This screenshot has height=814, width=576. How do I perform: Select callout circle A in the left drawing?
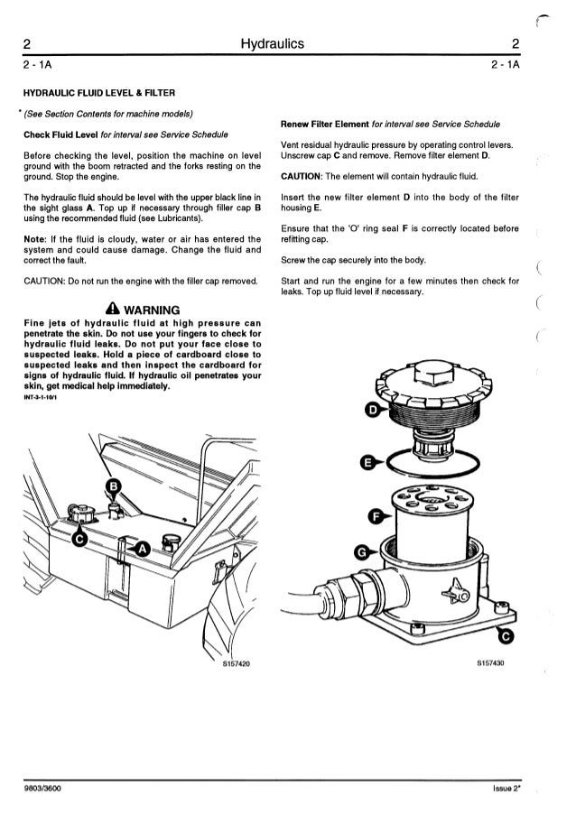point(142,549)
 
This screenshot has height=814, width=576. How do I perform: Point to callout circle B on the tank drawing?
point(114,488)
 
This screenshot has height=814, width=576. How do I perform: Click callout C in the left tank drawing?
point(80,540)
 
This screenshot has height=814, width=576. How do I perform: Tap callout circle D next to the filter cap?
point(369,412)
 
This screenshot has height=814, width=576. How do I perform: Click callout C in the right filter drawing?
point(506,638)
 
